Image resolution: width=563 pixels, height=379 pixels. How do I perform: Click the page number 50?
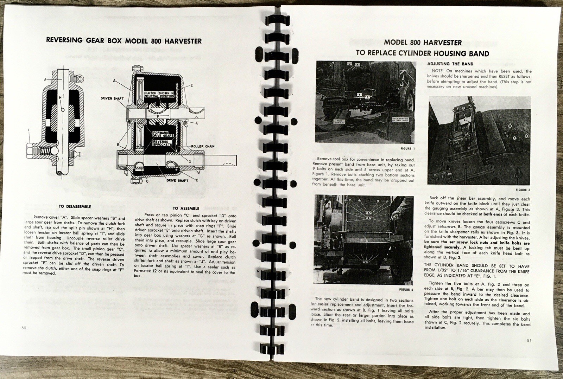pyautogui.click(x=24, y=328)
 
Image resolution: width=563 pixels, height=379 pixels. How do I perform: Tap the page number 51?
pyautogui.click(x=530, y=340)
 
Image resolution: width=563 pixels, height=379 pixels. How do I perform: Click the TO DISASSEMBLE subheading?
pyautogui.click(x=75, y=207)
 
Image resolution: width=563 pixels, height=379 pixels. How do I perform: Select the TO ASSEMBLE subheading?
pyautogui.click(x=186, y=208)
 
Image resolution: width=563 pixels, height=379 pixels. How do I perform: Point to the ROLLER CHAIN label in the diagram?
pyautogui.click(x=203, y=146)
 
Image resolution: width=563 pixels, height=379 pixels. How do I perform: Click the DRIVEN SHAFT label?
pyautogui.click(x=112, y=98)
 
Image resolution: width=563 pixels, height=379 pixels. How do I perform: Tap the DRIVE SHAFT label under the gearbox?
pyautogui.click(x=178, y=181)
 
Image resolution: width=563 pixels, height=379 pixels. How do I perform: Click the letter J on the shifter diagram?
pyautogui.click(x=45, y=79)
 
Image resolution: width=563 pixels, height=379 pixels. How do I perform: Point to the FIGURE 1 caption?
pyautogui.click(x=408, y=149)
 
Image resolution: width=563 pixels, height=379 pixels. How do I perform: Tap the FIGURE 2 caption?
pyautogui.click(x=406, y=290)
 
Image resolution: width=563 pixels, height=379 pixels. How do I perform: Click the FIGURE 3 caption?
pyautogui.click(x=523, y=190)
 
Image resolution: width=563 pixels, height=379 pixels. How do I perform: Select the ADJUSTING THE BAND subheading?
pyautogui.click(x=450, y=64)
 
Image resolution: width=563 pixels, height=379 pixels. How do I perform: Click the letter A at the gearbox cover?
pyautogui.click(x=114, y=81)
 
